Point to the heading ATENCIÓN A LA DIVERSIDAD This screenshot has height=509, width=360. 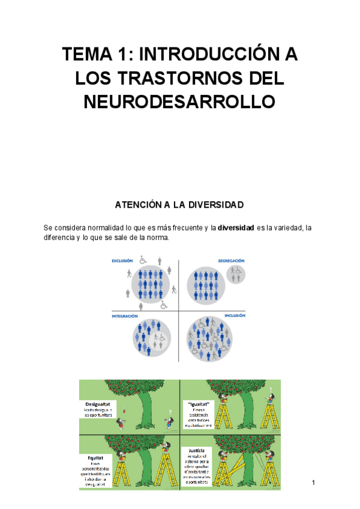coord(179,205)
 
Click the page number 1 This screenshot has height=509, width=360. coord(313,483)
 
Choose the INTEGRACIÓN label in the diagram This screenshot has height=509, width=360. coord(125,316)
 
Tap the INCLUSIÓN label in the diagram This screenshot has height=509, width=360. coord(235,316)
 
